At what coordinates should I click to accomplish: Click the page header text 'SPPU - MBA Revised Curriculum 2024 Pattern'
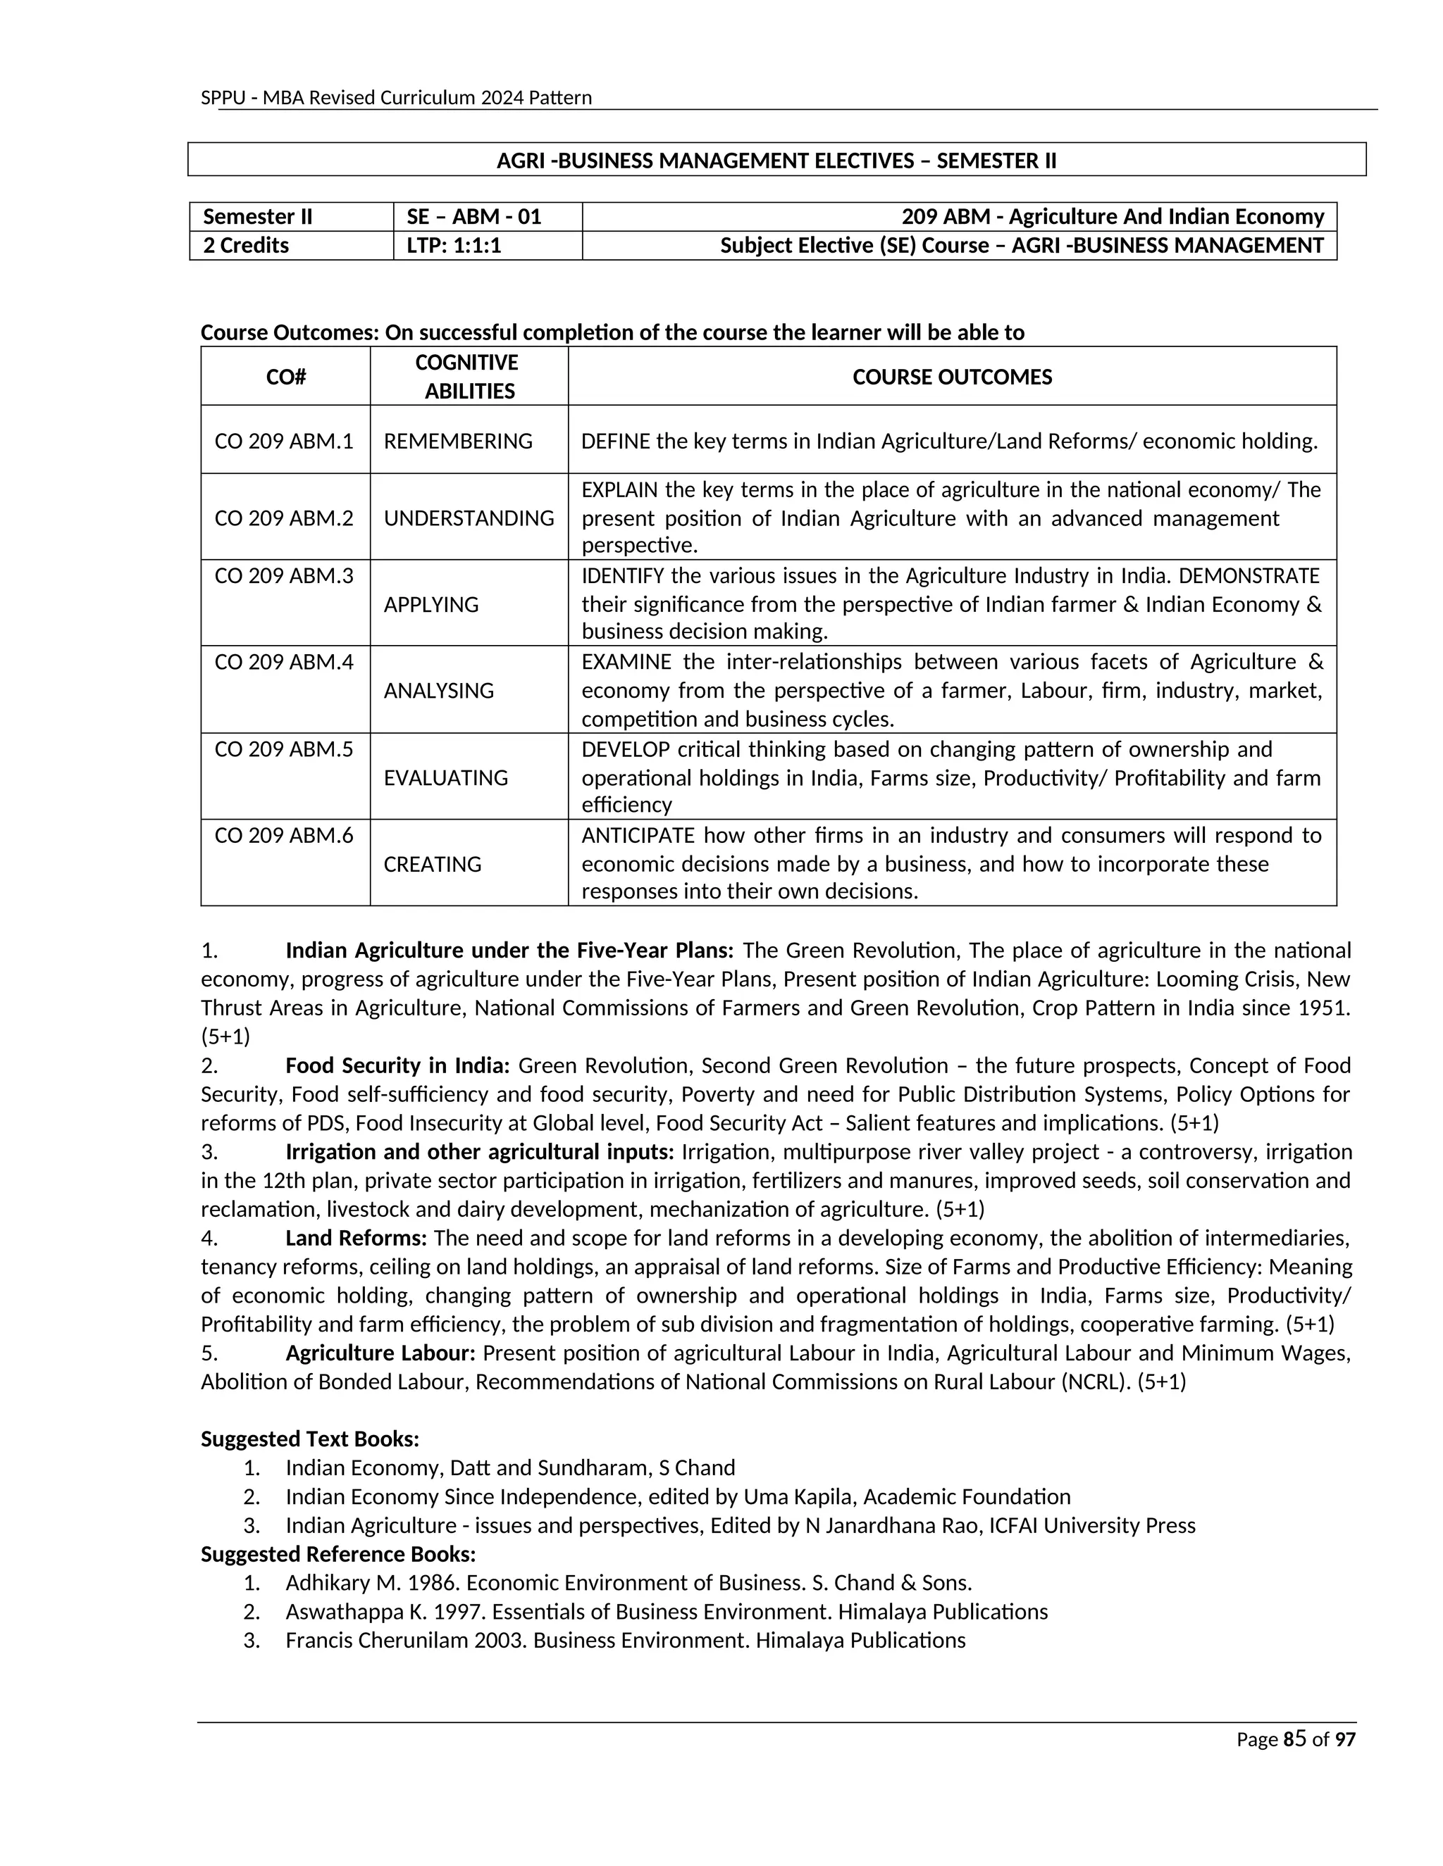point(396,97)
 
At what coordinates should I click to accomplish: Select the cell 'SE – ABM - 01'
point(469,216)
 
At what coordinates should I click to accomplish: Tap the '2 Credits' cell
point(246,245)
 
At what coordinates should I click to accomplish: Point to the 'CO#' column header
point(285,377)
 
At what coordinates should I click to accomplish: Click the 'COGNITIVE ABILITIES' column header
point(468,377)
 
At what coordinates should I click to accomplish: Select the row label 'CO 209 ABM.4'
point(284,661)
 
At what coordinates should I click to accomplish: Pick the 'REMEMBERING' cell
point(457,441)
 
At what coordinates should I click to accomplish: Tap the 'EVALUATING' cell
point(445,777)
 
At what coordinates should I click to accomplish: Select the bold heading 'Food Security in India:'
point(397,1065)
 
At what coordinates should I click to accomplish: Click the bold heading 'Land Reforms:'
point(356,1238)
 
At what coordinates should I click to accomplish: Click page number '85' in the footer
point(1295,1739)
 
